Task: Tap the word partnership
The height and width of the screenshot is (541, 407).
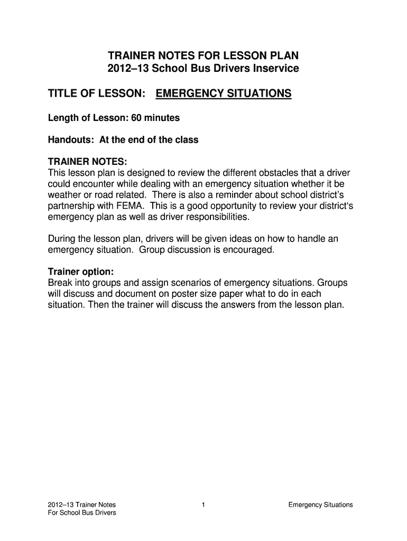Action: [72, 206]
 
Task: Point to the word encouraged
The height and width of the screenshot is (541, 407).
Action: [249, 249]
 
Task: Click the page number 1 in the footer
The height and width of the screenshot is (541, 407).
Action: [203, 505]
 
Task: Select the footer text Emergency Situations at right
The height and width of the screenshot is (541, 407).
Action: [320, 505]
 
